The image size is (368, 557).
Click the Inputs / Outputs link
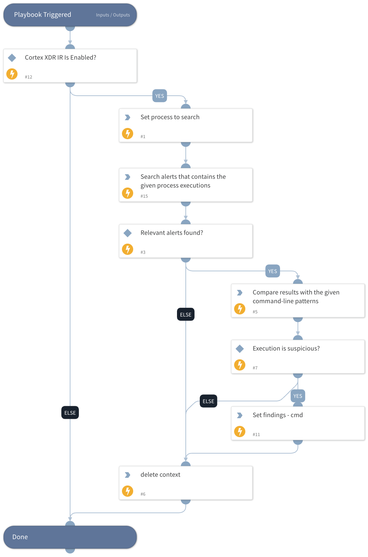[x=113, y=15]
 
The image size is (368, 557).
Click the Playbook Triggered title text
[x=42, y=15]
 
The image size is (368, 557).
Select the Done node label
[x=20, y=537]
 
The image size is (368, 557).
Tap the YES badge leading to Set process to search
[x=159, y=96]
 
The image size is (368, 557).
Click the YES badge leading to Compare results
[x=272, y=271]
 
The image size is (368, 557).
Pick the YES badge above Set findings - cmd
[x=298, y=396]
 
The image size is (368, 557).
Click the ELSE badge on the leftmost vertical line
[x=70, y=413]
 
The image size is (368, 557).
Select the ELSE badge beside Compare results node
[x=185, y=315]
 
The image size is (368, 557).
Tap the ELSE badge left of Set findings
[x=208, y=401]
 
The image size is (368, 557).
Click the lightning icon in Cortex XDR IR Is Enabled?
[x=12, y=74]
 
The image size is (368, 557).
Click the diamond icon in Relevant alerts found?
[x=128, y=233]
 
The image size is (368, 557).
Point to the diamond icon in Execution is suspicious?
[x=240, y=348]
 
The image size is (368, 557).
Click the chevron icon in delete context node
[x=128, y=475]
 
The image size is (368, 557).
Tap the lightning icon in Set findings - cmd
[x=240, y=432]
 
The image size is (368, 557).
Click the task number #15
[x=144, y=196]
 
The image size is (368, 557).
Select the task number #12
[x=28, y=77]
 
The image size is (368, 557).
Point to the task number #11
[x=256, y=435]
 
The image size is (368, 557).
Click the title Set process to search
[x=170, y=117]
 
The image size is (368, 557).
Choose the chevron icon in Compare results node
[x=240, y=293]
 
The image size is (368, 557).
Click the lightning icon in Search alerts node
[x=128, y=193]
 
